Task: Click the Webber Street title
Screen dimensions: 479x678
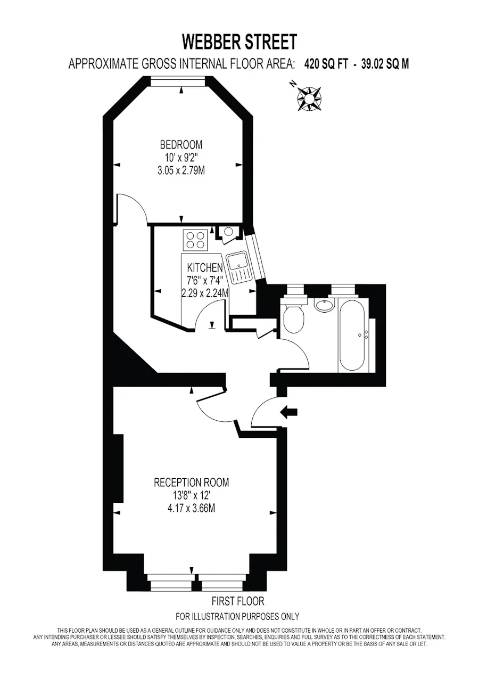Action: [x=240, y=42]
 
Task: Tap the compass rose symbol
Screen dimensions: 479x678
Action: [x=309, y=99]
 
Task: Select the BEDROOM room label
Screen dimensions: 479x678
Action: [x=181, y=145]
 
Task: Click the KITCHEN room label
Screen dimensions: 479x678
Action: [x=205, y=267]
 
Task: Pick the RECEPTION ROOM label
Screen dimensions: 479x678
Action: [x=192, y=483]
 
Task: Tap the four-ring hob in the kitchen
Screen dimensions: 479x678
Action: [x=195, y=240]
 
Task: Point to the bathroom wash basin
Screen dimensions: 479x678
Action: [x=325, y=304]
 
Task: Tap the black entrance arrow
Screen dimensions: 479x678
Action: [x=289, y=412]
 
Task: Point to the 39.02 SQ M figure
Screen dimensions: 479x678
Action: [x=385, y=64]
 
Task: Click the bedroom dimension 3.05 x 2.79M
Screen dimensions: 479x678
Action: [x=181, y=171]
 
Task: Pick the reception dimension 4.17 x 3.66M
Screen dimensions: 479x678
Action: [x=192, y=509]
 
